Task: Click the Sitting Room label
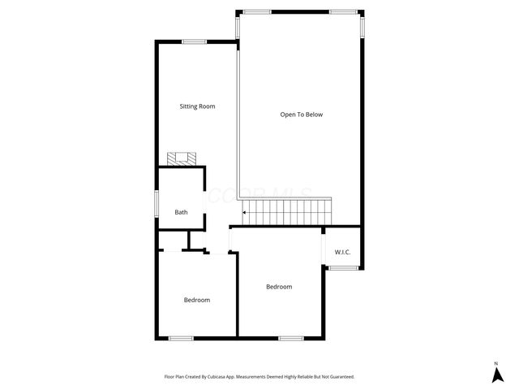pos(197,106)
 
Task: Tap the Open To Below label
pos(302,115)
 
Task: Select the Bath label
pos(181,213)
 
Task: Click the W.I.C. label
pos(343,252)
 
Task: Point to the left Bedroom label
pos(196,300)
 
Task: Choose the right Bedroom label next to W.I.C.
pos(279,287)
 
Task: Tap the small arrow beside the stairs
pos(245,213)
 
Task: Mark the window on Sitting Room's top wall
pos(194,41)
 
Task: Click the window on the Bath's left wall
pos(157,203)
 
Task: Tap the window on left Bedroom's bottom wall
pos(181,338)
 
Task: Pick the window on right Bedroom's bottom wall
pos(290,338)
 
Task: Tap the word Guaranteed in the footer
pos(339,377)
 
